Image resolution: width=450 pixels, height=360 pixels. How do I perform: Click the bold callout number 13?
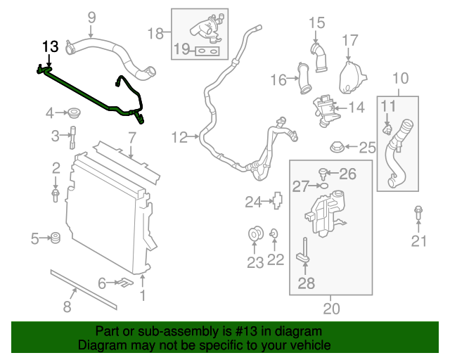pyautogui.click(x=50, y=47)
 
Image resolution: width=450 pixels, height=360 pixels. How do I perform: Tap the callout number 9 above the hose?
pyautogui.click(x=91, y=17)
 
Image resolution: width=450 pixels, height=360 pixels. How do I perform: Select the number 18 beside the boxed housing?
pyautogui.click(x=155, y=32)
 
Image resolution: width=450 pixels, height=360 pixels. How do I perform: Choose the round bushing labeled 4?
pyautogui.click(x=72, y=112)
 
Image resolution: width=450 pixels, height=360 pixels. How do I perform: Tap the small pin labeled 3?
pyautogui.click(x=72, y=135)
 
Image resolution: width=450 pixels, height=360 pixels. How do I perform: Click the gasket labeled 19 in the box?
pyautogui.click(x=206, y=51)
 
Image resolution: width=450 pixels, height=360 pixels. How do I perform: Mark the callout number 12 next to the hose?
pyautogui.click(x=179, y=137)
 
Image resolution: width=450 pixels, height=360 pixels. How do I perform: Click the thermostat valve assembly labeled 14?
pyautogui.click(x=325, y=108)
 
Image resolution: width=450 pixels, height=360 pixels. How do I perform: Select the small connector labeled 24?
pyautogui.click(x=276, y=202)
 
